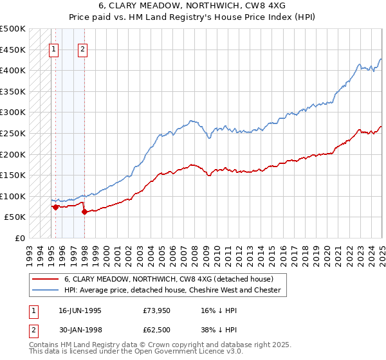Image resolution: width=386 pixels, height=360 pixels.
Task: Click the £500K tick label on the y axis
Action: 12,29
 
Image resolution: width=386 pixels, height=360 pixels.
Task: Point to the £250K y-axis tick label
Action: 12,133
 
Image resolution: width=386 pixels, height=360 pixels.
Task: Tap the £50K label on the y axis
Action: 15,217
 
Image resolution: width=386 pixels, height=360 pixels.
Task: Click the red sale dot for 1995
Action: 56,207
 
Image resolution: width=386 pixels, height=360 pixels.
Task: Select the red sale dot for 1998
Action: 84,212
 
